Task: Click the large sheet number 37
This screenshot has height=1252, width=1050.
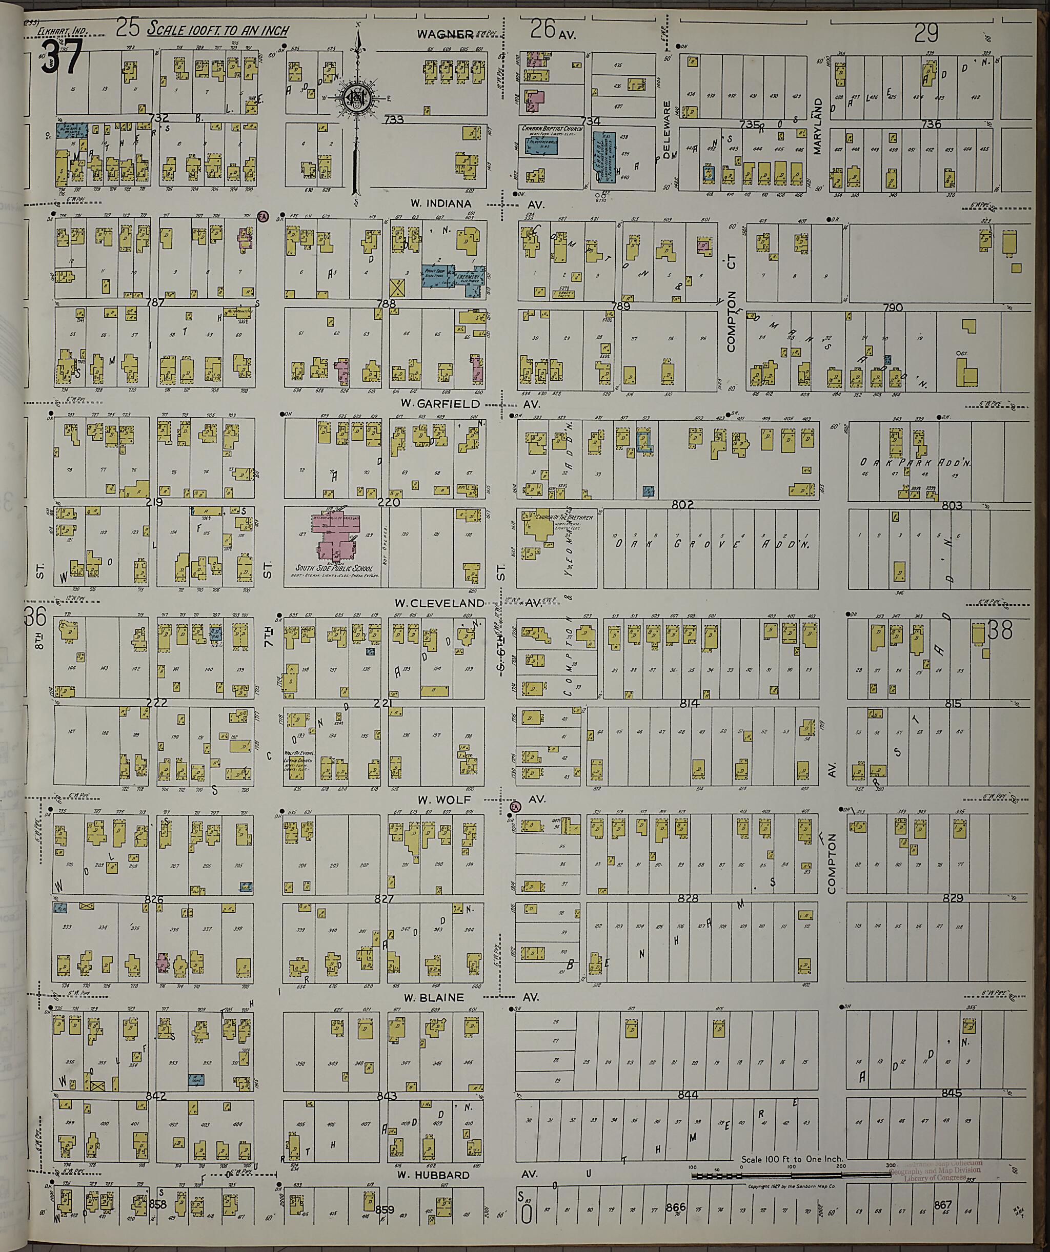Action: [62, 57]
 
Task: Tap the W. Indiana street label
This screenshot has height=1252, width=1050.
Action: [440, 203]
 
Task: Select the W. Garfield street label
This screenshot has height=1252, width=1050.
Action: [441, 404]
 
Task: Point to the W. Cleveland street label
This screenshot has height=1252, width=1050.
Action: [438, 603]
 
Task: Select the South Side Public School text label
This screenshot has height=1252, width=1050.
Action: [334, 567]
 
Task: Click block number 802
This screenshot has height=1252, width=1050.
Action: [682, 504]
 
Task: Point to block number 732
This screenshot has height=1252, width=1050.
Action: [160, 117]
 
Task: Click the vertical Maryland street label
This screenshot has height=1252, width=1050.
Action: [817, 127]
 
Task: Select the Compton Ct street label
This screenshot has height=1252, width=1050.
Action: [732, 304]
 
